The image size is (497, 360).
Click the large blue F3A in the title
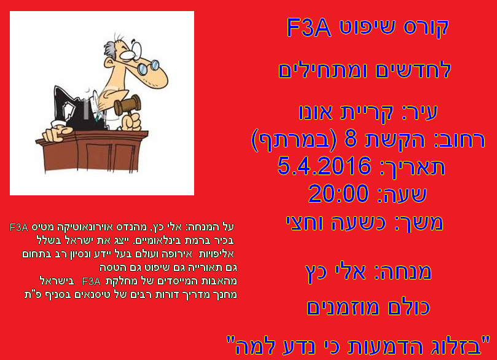(309, 27)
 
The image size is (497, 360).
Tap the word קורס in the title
(426, 28)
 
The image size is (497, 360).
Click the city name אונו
(316, 112)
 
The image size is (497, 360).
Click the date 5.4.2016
(324, 166)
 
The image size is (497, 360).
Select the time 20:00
(339, 194)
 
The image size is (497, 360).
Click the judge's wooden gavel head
(127, 105)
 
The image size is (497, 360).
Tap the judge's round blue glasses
(147, 68)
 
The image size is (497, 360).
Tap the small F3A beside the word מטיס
(19, 227)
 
